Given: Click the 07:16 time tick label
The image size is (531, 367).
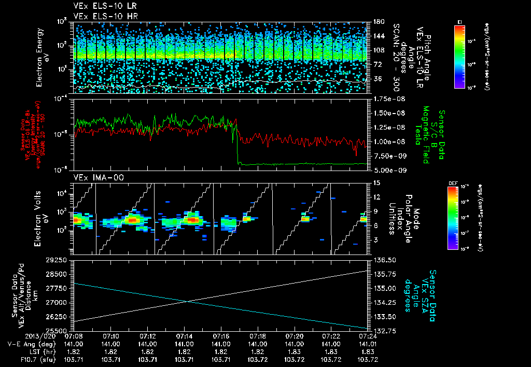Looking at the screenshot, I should coord(221,335).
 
